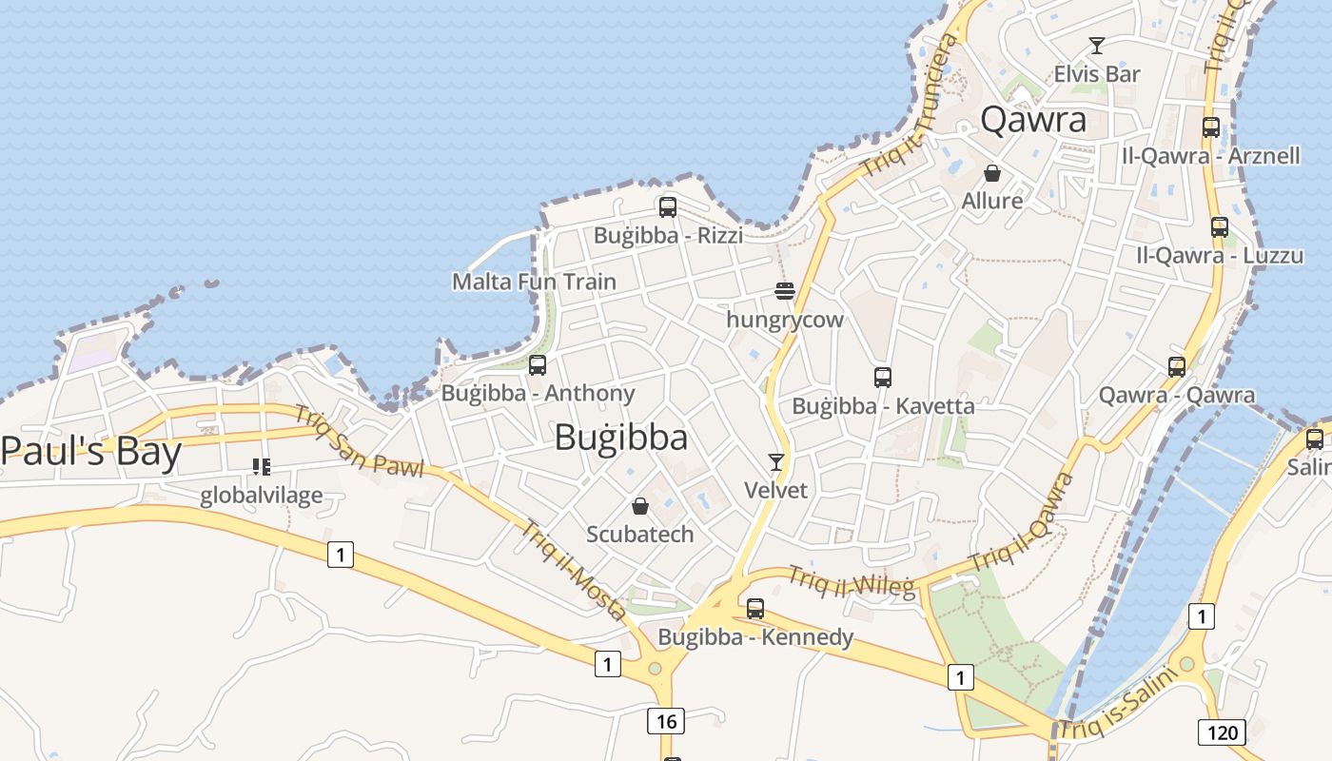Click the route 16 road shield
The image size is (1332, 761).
coord(666,721)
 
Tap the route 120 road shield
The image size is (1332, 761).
coord(1222,732)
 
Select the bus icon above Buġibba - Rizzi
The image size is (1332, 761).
coord(667,206)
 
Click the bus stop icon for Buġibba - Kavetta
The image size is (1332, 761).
coord(882,378)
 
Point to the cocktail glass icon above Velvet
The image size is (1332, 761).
coord(776,462)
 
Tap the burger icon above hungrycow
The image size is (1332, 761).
coord(784,291)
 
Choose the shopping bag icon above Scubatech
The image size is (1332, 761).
coord(640,506)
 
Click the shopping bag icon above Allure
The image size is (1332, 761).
coord(991,173)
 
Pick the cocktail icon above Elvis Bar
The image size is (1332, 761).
coord(1097,45)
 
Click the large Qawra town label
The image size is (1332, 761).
coord(1032,120)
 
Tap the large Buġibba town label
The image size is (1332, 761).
coord(620,438)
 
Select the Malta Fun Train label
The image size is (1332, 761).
coord(534,282)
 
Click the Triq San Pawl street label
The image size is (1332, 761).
coord(357,439)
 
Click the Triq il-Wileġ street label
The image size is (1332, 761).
coord(851,581)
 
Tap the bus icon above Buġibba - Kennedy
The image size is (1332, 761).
coord(755,609)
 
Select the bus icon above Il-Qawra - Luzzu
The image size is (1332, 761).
coord(1219,227)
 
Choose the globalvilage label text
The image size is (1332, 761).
coord(262,496)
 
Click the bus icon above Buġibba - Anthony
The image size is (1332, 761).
coord(538,365)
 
